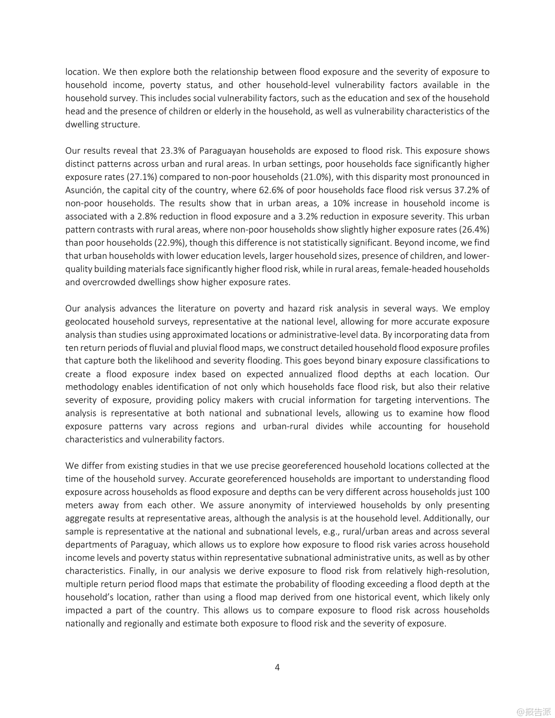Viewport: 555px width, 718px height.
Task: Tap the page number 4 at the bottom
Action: [x=277, y=667]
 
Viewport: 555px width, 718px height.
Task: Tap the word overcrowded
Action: [x=105, y=282]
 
